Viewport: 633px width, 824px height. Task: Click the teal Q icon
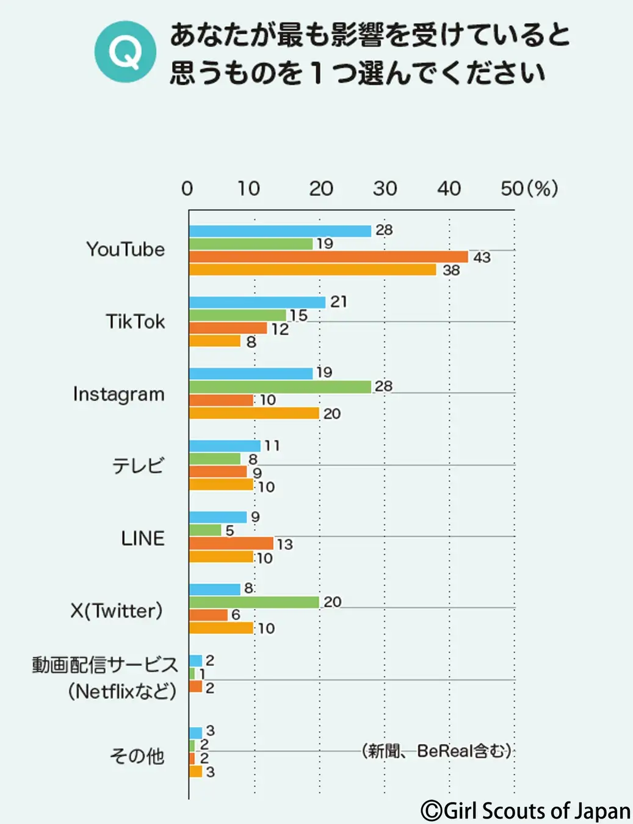(125, 52)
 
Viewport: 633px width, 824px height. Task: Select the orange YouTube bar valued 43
(328, 257)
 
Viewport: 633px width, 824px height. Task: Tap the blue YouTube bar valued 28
(280, 231)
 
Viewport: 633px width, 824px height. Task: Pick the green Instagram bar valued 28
(280, 387)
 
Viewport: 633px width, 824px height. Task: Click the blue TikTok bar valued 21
(257, 302)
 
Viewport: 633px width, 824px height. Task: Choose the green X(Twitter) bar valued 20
(254, 602)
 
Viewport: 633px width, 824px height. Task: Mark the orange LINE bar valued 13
(231, 543)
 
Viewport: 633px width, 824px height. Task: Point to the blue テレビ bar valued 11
(225, 446)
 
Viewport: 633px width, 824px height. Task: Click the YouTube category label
(125, 250)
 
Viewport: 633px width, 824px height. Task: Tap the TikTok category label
(135, 322)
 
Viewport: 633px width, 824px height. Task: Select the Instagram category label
(118, 394)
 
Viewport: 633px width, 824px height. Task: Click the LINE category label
(142, 538)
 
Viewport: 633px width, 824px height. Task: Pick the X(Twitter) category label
(117, 610)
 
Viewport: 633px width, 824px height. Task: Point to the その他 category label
(137, 756)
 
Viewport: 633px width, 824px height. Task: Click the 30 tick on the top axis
(385, 189)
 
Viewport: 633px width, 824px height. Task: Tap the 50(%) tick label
(529, 189)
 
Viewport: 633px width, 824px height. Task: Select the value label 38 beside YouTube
(450, 270)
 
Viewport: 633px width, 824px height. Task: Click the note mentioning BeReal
(437, 751)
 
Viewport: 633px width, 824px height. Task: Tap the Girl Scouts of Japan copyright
(526, 811)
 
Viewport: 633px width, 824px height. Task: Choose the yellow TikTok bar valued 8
(215, 341)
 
